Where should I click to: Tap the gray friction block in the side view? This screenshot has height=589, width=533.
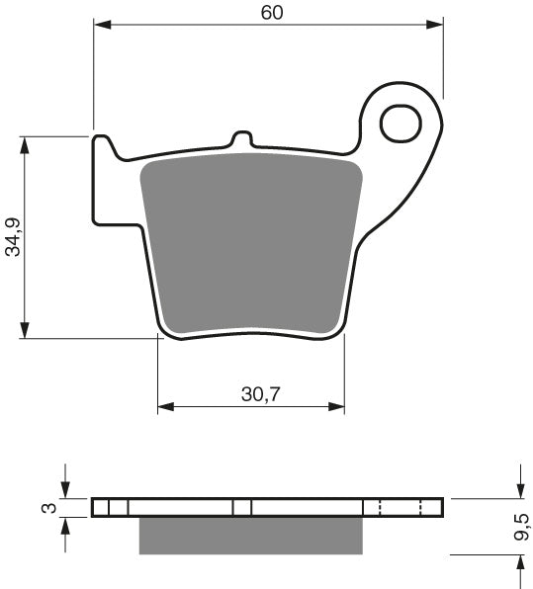click(250, 535)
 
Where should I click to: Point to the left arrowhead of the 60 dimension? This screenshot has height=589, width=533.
click(101, 25)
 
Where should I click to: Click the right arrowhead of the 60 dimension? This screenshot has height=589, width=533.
click(436, 25)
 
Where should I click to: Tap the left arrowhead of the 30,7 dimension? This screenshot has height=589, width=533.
click(166, 406)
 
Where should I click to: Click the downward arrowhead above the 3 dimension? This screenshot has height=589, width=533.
click(65, 491)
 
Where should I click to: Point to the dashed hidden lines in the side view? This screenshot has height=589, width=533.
click(400, 507)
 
